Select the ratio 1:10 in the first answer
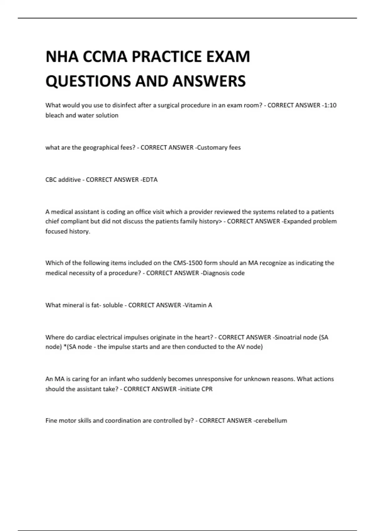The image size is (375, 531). pyautogui.click(x=330, y=105)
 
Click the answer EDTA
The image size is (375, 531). pyautogui.click(x=150, y=180)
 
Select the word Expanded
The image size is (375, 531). pyautogui.click(x=295, y=221)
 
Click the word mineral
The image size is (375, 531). pyautogui.click(x=73, y=305)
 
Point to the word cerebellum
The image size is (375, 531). pyautogui.click(x=271, y=421)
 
